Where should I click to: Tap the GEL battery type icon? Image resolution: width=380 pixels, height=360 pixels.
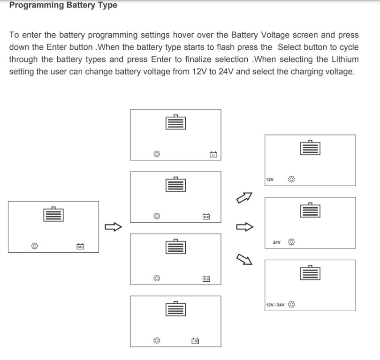tap(80, 246)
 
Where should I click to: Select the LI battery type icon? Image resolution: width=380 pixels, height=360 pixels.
tap(213, 154)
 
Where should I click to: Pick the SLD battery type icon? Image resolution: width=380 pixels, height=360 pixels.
tap(206, 217)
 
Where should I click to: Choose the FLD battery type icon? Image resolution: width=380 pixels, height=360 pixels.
tap(206, 279)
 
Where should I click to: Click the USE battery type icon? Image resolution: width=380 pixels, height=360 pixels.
tap(195, 341)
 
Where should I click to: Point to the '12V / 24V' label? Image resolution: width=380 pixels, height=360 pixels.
tap(275, 305)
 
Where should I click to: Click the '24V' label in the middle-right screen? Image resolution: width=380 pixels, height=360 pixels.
tap(276, 242)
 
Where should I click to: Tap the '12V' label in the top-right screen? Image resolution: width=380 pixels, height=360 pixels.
tap(269, 180)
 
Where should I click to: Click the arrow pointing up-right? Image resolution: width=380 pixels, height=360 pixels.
tap(244, 198)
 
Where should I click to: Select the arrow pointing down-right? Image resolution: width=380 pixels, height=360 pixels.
tap(244, 257)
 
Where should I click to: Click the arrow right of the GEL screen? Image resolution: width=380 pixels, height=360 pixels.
tap(113, 227)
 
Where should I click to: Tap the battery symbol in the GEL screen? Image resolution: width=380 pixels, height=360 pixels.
tap(53, 214)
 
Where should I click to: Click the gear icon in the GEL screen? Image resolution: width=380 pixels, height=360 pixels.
tap(34, 246)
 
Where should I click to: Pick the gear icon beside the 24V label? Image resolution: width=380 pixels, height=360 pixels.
tap(291, 242)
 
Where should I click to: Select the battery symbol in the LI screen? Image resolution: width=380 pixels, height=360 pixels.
tap(175, 122)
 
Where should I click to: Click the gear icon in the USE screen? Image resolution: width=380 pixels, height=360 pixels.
tap(157, 341)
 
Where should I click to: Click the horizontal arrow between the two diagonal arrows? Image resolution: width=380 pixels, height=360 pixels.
tap(244, 227)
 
